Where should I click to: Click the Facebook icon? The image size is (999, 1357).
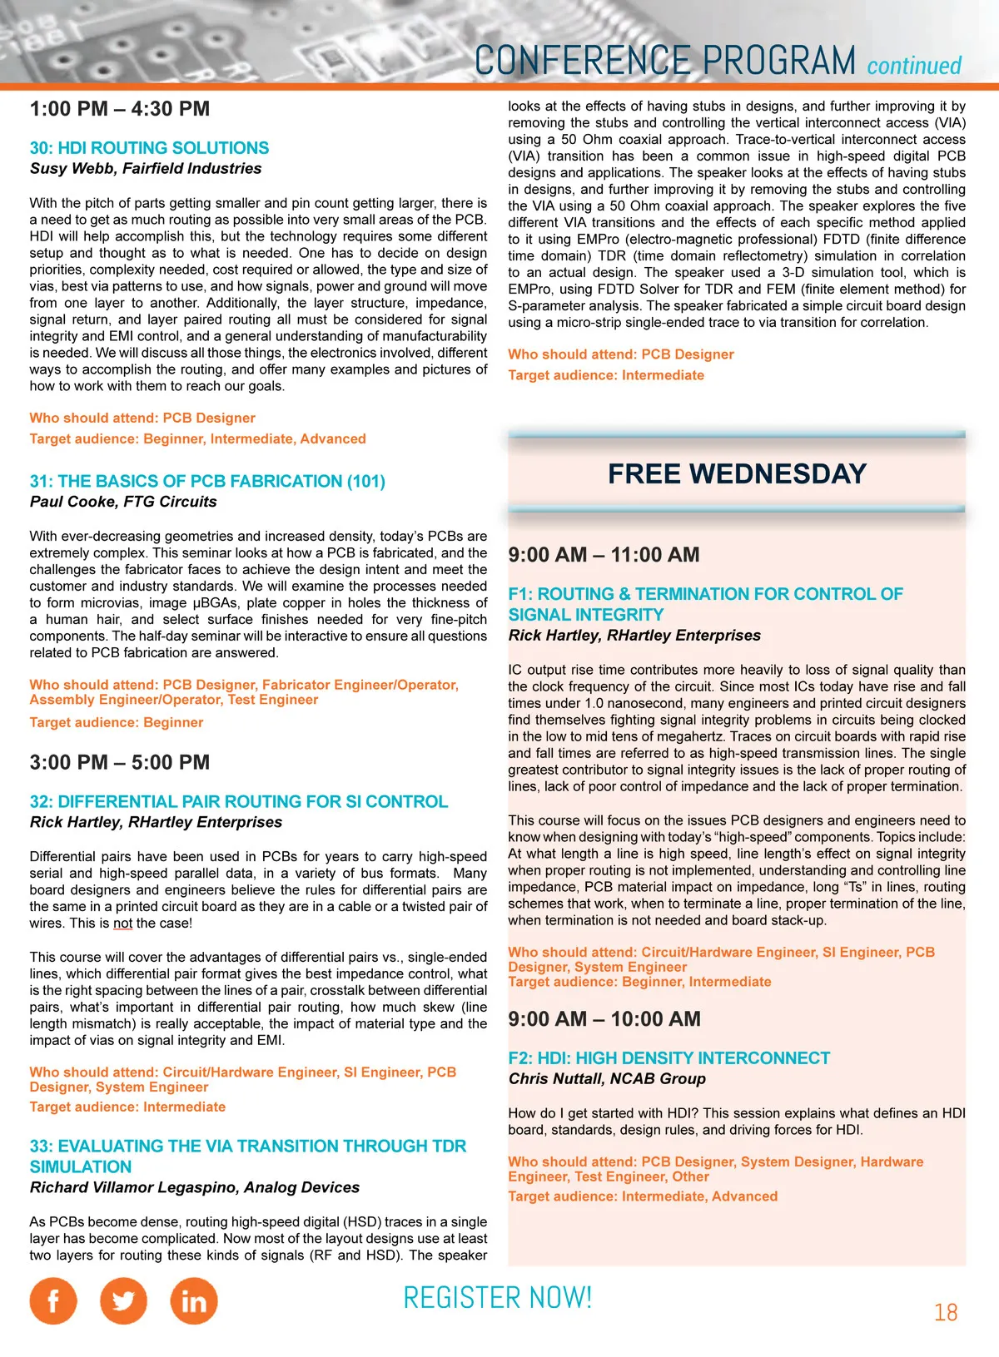[x=53, y=1300]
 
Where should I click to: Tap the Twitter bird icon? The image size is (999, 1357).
[x=123, y=1300]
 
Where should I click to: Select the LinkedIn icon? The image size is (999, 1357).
[x=194, y=1300]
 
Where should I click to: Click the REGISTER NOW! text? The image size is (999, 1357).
[x=497, y=1298]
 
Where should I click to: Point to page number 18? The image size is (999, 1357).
[x=946, y=1313]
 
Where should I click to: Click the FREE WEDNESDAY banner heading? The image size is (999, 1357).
[x=737, y=474]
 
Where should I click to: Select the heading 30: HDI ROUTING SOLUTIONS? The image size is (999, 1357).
[x=149, y=148]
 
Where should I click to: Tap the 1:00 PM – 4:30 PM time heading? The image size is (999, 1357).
[x=120, y=109]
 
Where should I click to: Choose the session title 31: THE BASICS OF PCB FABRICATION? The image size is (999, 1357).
[x=207, y=481]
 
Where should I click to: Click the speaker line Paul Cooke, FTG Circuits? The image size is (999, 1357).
[x=123, y=502]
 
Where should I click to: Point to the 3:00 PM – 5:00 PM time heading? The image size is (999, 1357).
[x=120, y=762]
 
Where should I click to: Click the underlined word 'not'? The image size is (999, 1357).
[x=123, y=924]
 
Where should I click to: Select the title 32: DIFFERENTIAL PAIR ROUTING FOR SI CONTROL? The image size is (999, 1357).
[x=239, y=802]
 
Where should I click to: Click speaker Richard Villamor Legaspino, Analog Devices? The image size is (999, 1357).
[x=195, y=1187]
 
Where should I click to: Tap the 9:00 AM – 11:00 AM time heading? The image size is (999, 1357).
[x=604, y=555]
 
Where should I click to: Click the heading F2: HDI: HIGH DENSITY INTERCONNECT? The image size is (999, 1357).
[x=669, y=1058]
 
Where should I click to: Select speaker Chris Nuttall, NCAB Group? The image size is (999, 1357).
[x=607, y=1079]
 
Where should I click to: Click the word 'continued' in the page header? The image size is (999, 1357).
[x=914, y=66]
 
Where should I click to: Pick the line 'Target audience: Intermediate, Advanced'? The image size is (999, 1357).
[x=643, y=1196]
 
